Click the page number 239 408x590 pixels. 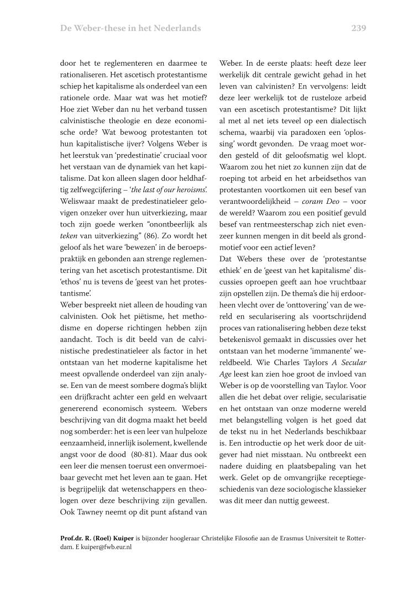click(x=358, y=28)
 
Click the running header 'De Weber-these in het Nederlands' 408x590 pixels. click(x=130, y=28)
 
